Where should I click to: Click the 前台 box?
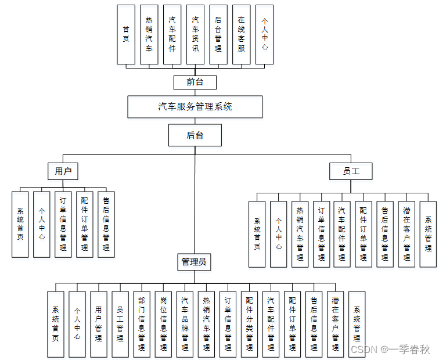pos(195,82)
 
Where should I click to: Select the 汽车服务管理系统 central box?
pos(195,107)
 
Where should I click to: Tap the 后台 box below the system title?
pos(195,136)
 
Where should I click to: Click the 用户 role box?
pos(63,171)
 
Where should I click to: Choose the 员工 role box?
pos(350,171)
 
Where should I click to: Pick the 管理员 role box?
pos(195,262)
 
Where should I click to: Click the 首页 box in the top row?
pos(126,34)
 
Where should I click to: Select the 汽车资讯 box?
pos(196,34)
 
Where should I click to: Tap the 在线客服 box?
pos(242,34)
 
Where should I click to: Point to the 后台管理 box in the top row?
pos(218,34)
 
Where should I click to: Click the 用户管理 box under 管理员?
pos(99,324)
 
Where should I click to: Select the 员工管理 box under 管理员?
pos(120,324)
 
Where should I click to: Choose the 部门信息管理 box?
pos(142,324)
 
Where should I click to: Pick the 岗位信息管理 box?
pos(163,324)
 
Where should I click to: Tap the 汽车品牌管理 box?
pos(185,324)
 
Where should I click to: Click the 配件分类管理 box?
pos(249,324)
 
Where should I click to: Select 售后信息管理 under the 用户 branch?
pos(106,224)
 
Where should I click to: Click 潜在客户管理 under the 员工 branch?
pos(406,234)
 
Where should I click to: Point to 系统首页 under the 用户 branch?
pos(20,224)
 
